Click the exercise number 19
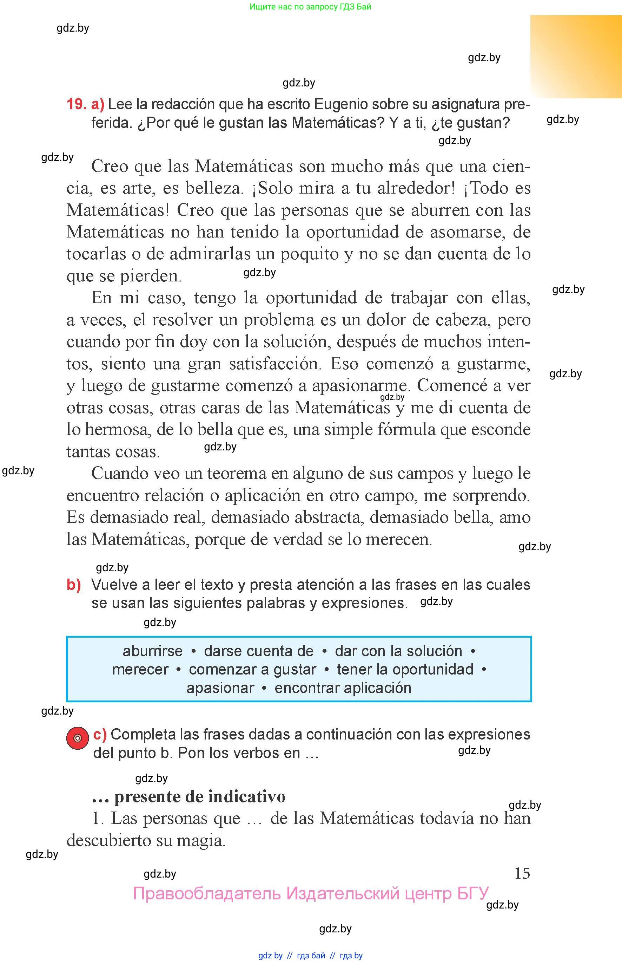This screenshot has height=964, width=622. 76,104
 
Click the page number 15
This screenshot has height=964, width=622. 522,873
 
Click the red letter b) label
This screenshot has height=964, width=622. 73,585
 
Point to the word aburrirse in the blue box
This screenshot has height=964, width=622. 153,651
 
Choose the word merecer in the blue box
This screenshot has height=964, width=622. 140,669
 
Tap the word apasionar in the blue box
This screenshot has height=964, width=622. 220,688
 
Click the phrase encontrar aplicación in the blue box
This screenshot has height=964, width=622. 343,688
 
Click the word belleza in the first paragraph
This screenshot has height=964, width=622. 214,188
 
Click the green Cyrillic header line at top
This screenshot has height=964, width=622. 310,6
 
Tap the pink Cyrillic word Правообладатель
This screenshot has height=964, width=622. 206,893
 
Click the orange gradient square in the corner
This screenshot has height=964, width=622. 576,57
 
